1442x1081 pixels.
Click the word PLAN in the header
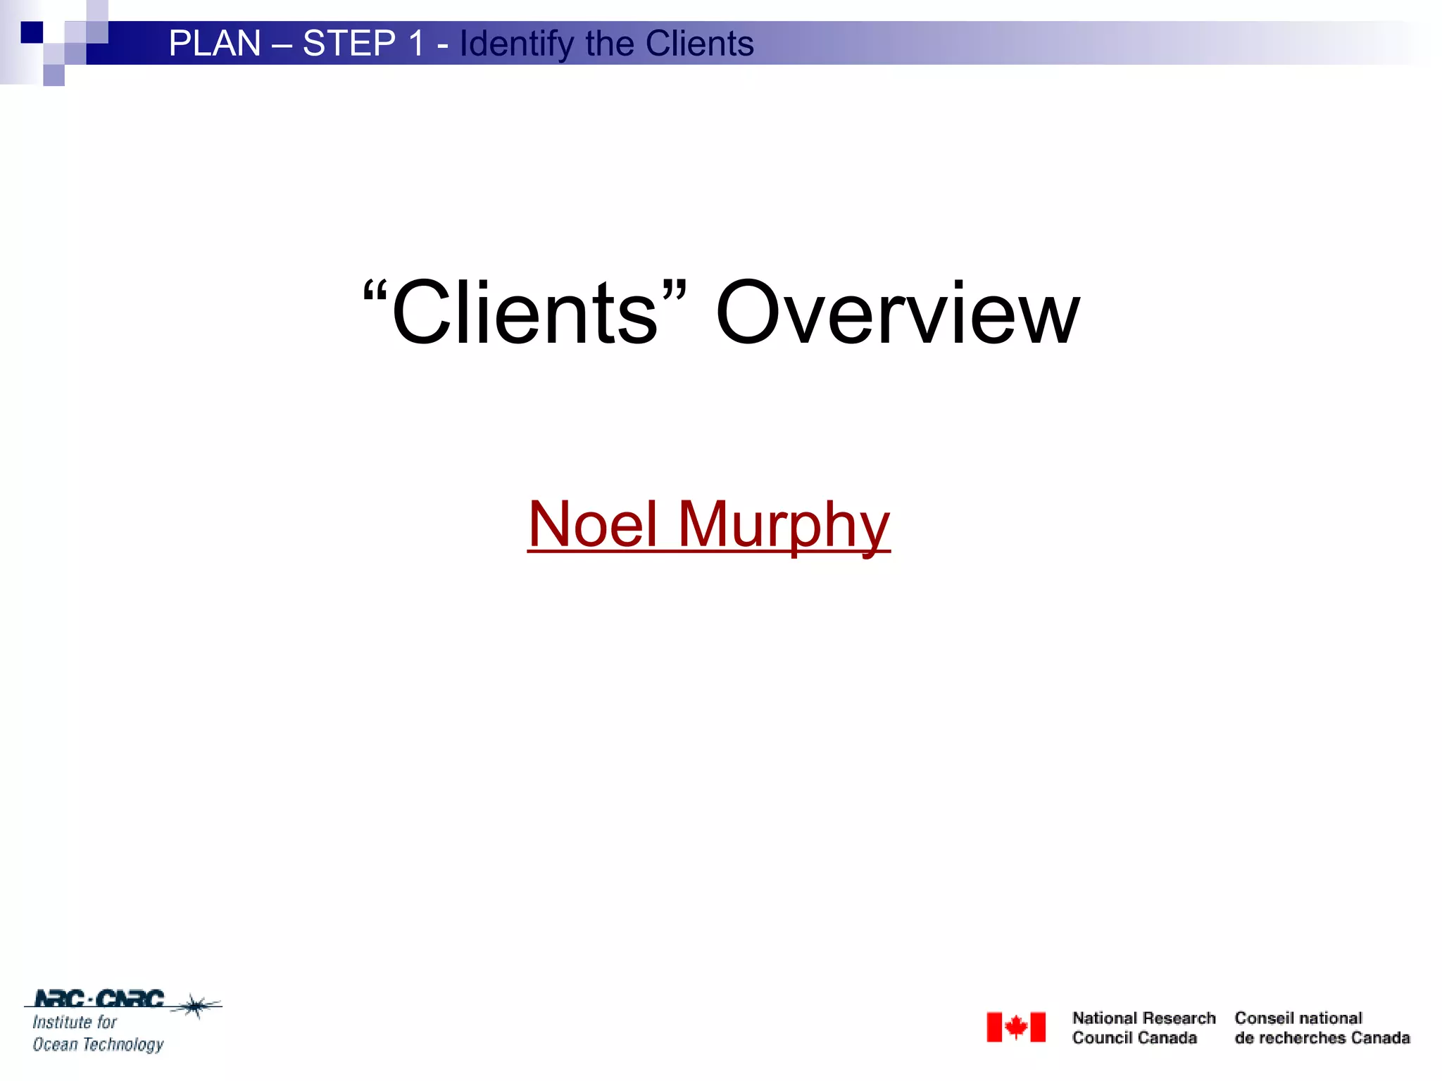[215, 44]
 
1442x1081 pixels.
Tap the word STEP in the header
[349, 44]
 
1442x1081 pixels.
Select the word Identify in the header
[517, 44]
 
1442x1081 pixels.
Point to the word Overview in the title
[897, 312]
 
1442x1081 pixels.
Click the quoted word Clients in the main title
[525, 312]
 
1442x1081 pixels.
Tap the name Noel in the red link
[593, 524]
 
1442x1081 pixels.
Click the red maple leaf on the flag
[1016, 1027]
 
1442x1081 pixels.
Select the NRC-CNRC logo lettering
[99, 999]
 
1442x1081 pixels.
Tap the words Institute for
[75, 1022]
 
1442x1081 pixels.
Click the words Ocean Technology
[98, 1044]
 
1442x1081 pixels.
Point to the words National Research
[1143, 1018]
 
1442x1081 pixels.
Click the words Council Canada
[1134, 1038]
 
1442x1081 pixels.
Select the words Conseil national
[1298, 1018]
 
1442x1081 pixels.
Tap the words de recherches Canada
[1322, 1038]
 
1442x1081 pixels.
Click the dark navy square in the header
[32, 32]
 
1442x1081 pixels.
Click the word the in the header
[610, 44]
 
